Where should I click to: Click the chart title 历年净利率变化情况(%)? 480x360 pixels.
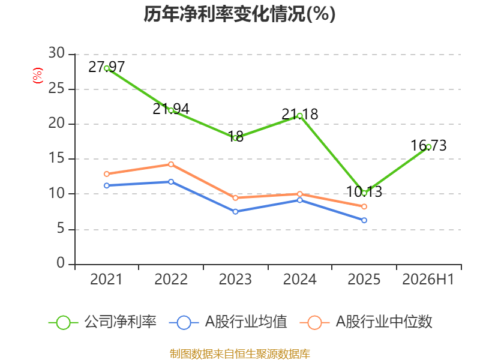pyautogui.click(x=239, y=14)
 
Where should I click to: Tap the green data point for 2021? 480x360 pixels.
pyautogui.click(x=107, y=68)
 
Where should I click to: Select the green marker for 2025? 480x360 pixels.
pyautogui.click(x=364, y=193)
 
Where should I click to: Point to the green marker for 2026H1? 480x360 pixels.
pyautogui.click(x=428, y=147)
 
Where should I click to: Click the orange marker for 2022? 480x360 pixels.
pyautogui.click(x=171, y=164)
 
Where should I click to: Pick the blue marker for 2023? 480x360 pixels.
pyautogui.click(x=235, y=212)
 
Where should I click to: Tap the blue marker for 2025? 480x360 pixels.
pyautogui.click(x=364, y=220)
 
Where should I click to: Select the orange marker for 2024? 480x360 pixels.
pyautogui.click(x=299, y=194)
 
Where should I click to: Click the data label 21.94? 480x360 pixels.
pyautogui.click(x=171, y=109)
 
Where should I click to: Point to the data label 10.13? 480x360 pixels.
pyautogui.click(x=364, y=192)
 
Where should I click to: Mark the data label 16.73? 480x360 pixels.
pyautogui.click(x=428, y=145)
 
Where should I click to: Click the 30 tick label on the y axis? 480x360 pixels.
pyautogui.click(x=56, y=53)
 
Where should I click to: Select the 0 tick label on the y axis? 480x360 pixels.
pyautogui.click(x=61, y=263)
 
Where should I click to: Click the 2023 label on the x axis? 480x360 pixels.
pyautogui.click(x=235, y=279)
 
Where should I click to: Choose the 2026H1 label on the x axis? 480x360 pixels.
pyautogui.click(x=428, y=279)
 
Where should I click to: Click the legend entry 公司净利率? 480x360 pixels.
pyautogui.click(x=103, y=322)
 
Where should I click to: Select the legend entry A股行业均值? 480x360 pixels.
pyautogui.click(x=228, y=322)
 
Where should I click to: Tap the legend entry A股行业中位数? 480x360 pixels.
pyautogui.click(x=366, y=322)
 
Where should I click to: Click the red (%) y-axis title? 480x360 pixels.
pyautogui.click(x=38, y=76)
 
